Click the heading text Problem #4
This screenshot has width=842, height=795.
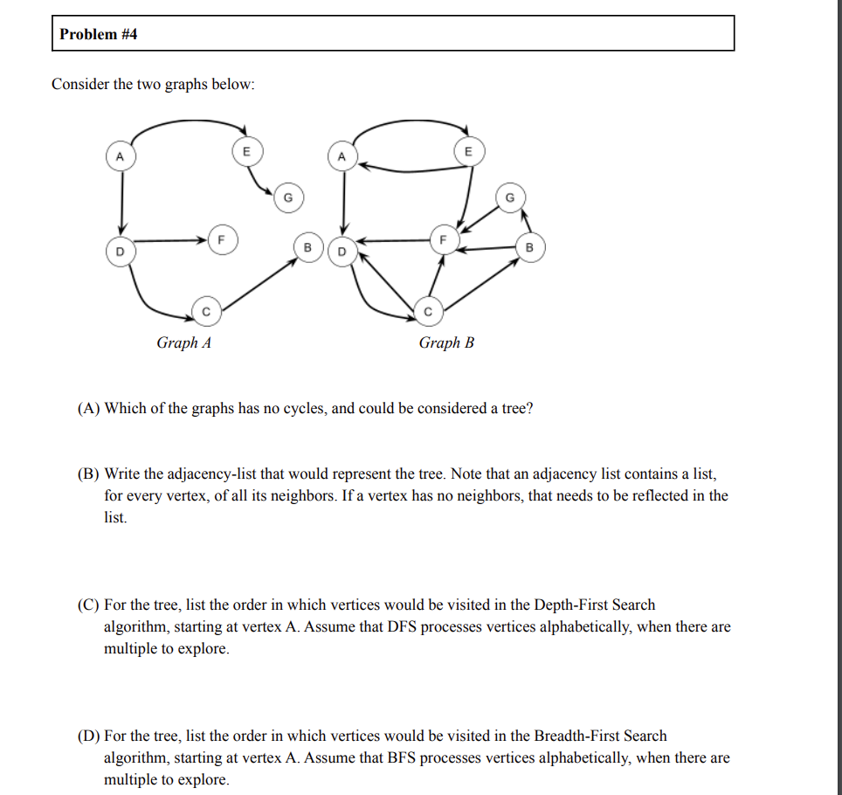99,35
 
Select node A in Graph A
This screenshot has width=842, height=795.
121,156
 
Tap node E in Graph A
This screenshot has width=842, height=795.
246,151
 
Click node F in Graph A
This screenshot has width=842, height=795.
221,238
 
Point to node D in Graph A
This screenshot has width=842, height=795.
121,252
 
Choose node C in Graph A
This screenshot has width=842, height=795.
206,309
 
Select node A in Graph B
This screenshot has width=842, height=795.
342,156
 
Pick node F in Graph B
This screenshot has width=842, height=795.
443,238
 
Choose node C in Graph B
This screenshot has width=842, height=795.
428,309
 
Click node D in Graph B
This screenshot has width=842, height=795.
342,252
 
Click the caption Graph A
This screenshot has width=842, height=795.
183,342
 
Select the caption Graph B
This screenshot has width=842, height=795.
446,342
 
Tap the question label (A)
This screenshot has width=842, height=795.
89,408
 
